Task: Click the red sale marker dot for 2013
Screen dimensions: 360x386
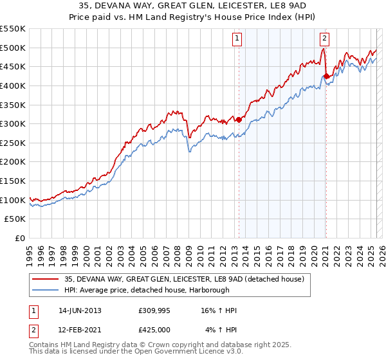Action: (x=239, y=119)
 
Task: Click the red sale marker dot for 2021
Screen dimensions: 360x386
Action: (x=326, y=76)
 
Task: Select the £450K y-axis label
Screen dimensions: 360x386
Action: (x=14, y=66)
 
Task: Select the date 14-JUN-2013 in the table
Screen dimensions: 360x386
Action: (x=80, y=310)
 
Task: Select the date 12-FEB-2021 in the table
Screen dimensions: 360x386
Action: (x=80, y=330)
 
